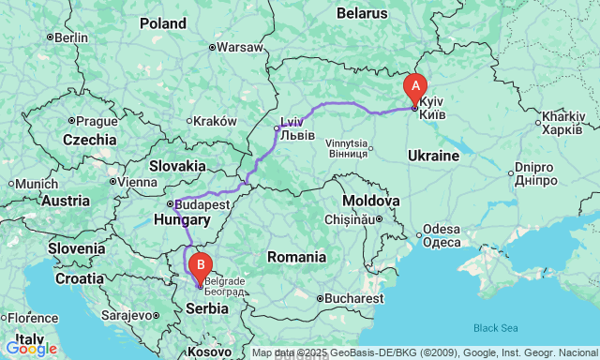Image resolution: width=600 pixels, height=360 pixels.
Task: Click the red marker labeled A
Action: pyautogui.click(x=414, y=88)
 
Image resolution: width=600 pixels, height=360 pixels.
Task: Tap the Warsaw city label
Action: pyautogui.click(x=240, y=46)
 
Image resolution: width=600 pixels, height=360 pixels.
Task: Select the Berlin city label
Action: pyautogui.click(x=70, y=37)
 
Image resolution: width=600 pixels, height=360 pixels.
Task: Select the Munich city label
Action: pyautogui.click(x=37, y=184)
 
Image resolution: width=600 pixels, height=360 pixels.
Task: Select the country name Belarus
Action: pyautogui.click(x=362, y=13)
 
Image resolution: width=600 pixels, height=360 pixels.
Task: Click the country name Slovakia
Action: pyautogui.click(x=176, y=165)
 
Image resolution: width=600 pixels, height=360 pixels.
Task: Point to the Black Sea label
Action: pyautogui.click(x=495, y=327)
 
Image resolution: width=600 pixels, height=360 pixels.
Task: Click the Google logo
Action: pyautogui.click(x=31, y=349)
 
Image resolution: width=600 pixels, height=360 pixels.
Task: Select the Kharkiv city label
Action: pyautogui.click(x=562, y=123)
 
